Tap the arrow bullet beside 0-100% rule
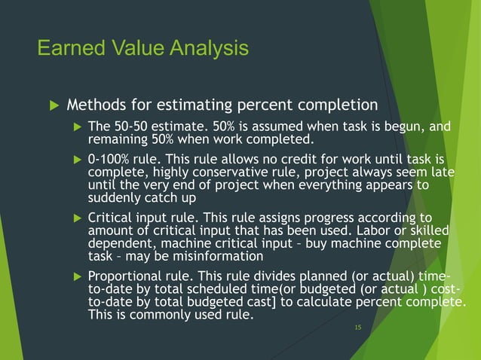point(75,160)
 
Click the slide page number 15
point(358,328)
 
